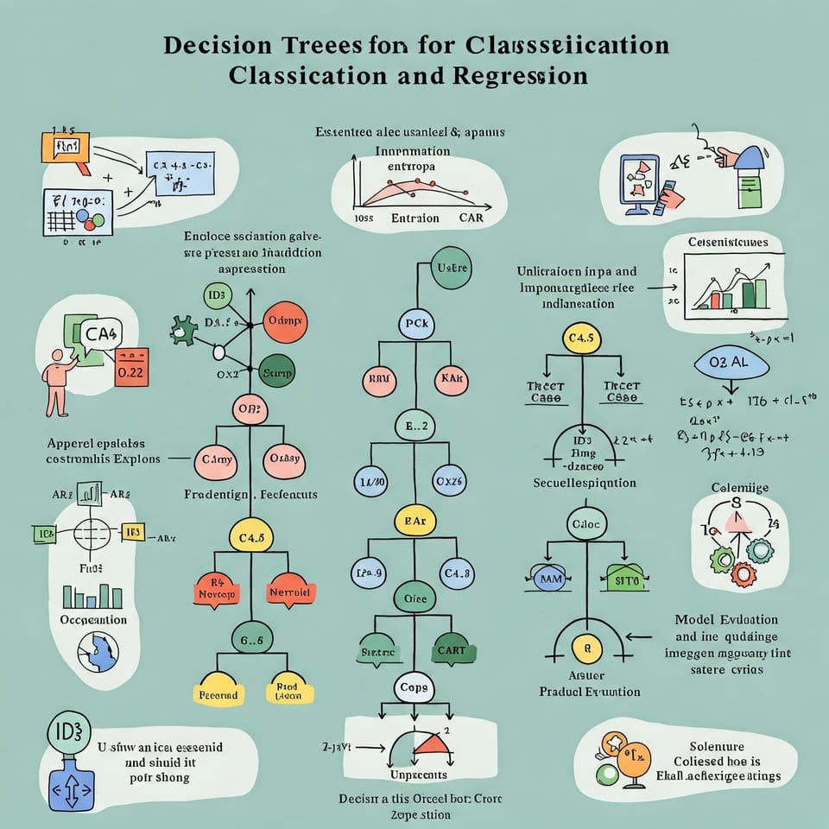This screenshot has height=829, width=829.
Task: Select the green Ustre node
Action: [452, 269]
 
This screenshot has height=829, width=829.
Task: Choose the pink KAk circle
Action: [451, 378]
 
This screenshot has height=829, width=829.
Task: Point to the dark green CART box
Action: [451, 650]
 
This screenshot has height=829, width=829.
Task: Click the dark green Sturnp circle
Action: [277, 372]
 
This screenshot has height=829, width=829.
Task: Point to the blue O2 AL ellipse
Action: [732, 363]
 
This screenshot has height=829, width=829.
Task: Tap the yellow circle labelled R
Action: [587, 646]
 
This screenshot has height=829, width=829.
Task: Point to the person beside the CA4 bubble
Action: [58, 381]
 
